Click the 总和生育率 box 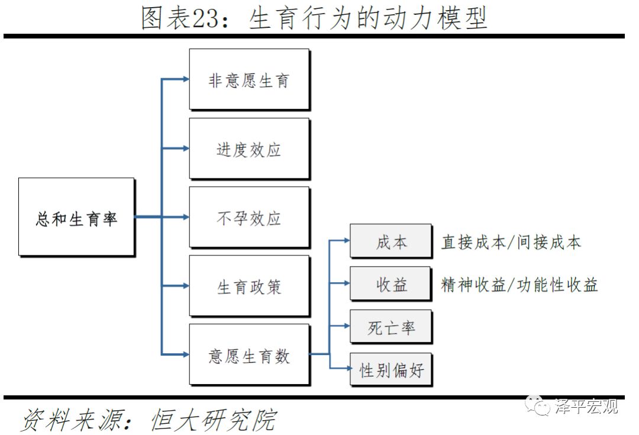[x=76, y=217]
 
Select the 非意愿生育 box [x=249, y=79]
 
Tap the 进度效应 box [x=249, y=148]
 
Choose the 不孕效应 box [x=249, y=217]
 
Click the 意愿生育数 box [x=249, y=354]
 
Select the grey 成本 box [x=390, y=241]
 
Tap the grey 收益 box [x=390, y=283]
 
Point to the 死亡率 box [x=390, y=326]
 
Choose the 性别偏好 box [x=390, y=370]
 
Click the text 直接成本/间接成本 [x=511, y=242]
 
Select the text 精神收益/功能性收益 [x=519, y=284]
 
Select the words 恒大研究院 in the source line [x=214, y=420]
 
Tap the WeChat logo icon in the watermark [x=540, y=407]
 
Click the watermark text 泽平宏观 [x=586, y=407]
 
